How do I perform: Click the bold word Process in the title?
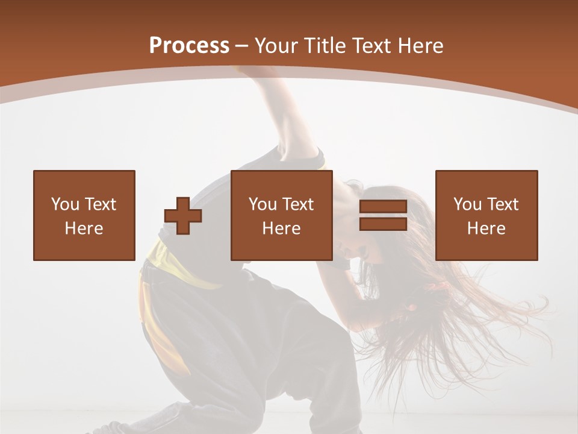tap(189, 46)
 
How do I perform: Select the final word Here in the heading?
tap(421, 46)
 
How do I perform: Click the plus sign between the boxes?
tap(183, 216)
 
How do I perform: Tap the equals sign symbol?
tap(383, 216)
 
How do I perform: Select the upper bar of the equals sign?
tap(383, 207)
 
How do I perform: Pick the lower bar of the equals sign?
tap(383, 224)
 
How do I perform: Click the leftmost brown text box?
tap(84, 215)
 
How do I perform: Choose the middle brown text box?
tap(282, 215)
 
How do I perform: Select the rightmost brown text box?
tap(486, 215)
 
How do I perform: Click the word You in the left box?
tap(64, 204)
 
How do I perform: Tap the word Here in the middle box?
tap(282, 228)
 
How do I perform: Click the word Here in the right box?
tap(486, 228)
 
